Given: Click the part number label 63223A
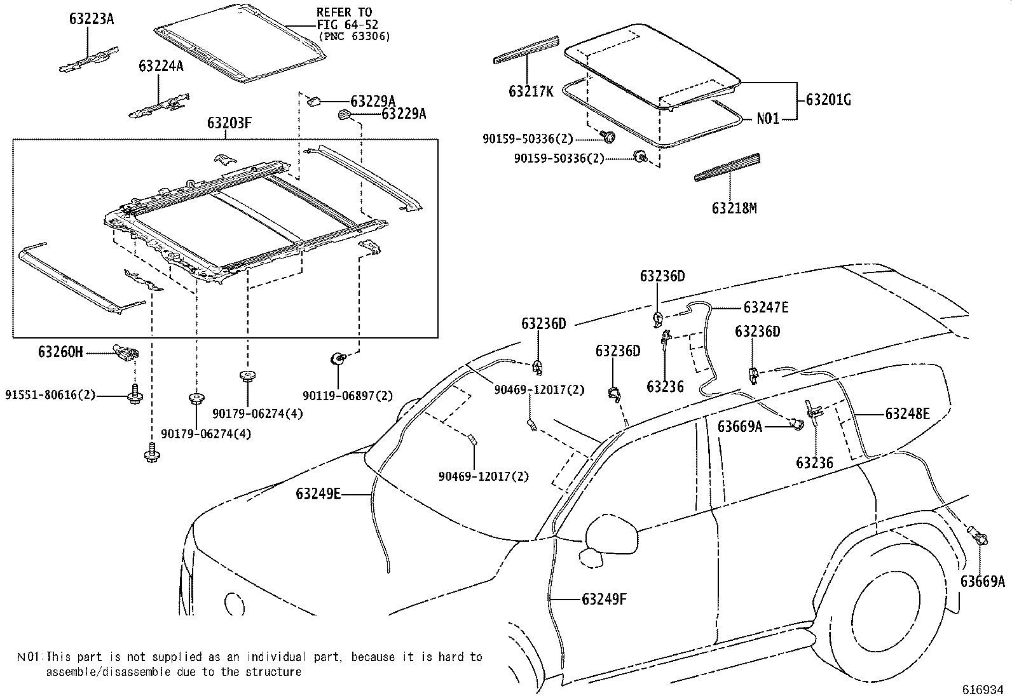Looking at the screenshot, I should (92, 19).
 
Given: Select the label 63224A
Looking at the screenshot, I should (161, 65).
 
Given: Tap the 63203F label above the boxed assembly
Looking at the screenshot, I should (229, 123).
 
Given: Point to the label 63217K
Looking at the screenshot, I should (531, 91).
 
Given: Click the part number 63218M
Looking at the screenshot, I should (734, 208).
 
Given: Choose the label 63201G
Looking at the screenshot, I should (828, 100).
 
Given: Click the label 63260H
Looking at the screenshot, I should (60, 351).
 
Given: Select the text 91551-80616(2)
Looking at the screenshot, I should (50, 395).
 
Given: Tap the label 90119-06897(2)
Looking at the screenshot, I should (348, 396).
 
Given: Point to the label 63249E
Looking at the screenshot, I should (318, 493).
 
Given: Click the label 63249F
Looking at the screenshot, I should (604, 598).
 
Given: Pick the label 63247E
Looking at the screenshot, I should (766, 307).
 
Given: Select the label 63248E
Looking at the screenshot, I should (908, 414).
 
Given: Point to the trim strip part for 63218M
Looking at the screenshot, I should (727, 167).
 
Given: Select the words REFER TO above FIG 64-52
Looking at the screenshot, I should (344, 13).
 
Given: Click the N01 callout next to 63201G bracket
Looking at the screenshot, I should (767, 118).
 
